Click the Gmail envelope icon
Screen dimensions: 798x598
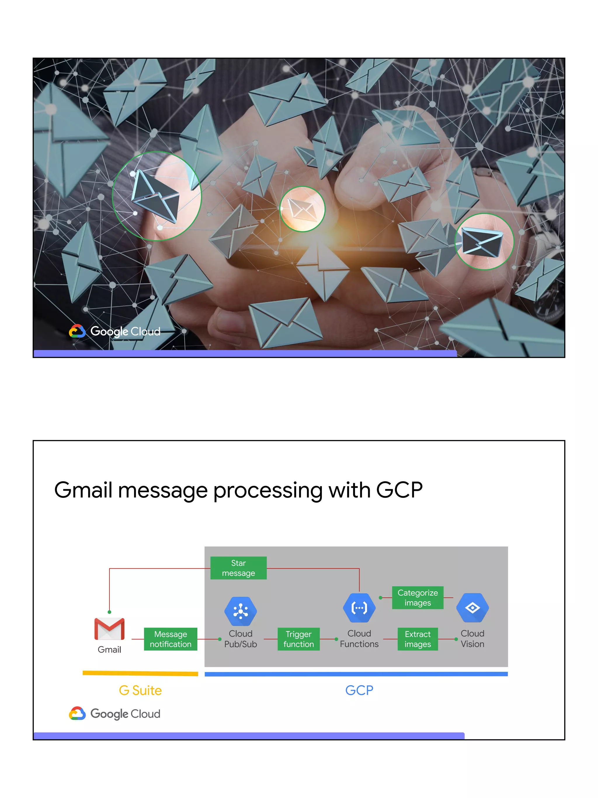pyautogui.click(x=109, y=629)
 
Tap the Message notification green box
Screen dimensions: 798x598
pyautogui.click(x=171, y=639)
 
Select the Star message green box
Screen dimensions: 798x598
pyautogui.click(x=238, y=568)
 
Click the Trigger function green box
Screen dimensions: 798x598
pyautogui.click(x=298, y=639)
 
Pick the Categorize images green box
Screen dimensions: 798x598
pyautogui.click(x=418, y=598)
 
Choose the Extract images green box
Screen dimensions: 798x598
pyautogui.click(x=418, y=639)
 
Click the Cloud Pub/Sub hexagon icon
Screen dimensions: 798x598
pyautogui.click(x=240, y=611)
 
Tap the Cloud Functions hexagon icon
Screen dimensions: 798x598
pyautogui.click(x=359, y=608)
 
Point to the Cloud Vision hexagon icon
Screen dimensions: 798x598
pyautogui.click(x=472, y=608)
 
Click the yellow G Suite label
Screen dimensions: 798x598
pyautogui.click(x=140, y=690)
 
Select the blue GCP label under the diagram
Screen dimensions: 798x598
pyautogui.click(x=359, y=690)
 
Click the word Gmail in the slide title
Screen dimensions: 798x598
pyautogui.click(x=83, y=490)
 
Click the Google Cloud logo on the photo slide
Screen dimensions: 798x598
pyautogui.click(x=115, y=331)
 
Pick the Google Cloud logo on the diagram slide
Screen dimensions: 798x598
pyautogui.click(x=115, y=714)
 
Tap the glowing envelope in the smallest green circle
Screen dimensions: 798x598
pyautogui.click(x=302, y=209)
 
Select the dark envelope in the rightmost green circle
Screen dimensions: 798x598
pyautogui.click(x=482, y=242)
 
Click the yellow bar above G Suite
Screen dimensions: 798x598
pyautogui.click(x=140, y=673)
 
